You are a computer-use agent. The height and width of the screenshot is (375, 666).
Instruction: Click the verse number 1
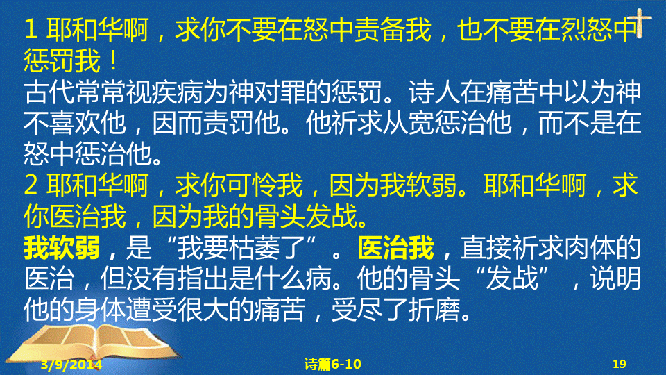[31, 30]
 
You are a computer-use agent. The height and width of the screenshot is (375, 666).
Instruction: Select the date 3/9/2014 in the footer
[71, 365]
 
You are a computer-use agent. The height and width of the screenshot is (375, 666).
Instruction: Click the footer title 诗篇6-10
[332, 364]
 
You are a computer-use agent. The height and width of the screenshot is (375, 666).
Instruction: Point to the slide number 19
[620, 364]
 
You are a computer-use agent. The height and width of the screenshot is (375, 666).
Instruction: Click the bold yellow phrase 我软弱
[62, 248]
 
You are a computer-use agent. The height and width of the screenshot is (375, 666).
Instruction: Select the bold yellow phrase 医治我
[396, 248]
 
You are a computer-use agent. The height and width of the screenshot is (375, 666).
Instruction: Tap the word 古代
[49, 92]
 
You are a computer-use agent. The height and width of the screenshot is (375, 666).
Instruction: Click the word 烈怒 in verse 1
[586, 30]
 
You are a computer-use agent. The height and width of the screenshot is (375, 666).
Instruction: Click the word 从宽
[408, 123]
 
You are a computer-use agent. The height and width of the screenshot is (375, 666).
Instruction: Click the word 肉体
[588, 248]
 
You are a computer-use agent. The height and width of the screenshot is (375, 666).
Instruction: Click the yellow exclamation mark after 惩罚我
[113, 61]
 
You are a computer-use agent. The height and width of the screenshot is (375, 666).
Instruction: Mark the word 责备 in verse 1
[380, 30]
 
